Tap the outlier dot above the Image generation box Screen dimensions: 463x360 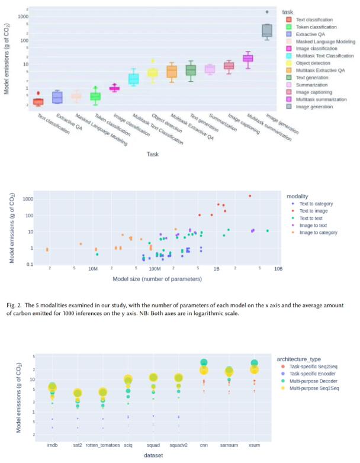coord(266,12)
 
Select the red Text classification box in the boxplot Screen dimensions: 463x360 coord(38,102)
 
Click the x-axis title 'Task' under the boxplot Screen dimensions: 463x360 coord(152,155)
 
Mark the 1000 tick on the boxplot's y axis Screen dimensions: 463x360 coord(22,16)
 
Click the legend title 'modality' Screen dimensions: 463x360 coord(300,195)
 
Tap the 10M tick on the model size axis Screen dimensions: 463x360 coord(92,268)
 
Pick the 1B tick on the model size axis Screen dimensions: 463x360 coord(217,268)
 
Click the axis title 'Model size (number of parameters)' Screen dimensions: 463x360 coord(155,277)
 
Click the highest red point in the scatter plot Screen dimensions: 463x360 coord(250,196)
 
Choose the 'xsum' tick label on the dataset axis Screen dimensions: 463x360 coord(254,445)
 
